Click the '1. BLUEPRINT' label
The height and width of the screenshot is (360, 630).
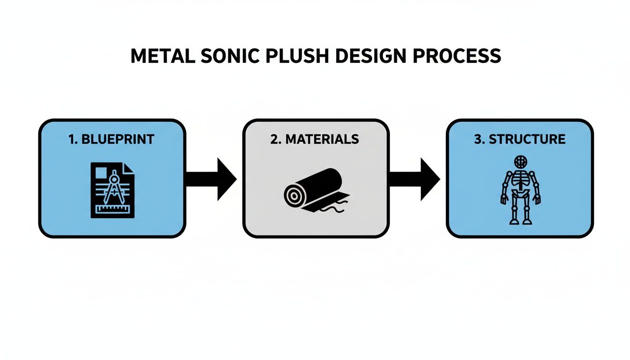pyautogui.click(x=112, y=139)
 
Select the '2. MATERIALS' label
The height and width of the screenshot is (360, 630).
pyautogui.click(x=315, y=139)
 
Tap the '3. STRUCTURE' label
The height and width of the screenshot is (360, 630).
pyautogui.click(x=520, y=139)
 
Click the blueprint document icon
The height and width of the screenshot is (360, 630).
pyautogui.click(x=112, y=190)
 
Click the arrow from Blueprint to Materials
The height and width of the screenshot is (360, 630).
pyautogui.click(x=212, y=179)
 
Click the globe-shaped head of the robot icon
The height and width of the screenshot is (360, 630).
pyautogui.click(x=520, y=162)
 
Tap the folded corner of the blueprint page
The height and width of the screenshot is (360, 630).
pyautogui.click(x=129, y=168)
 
